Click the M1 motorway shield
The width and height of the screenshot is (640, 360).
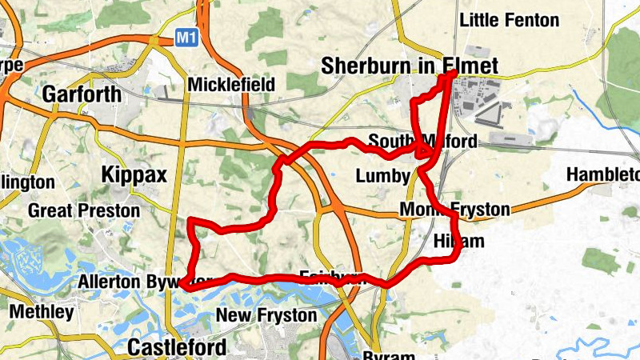point(186,37)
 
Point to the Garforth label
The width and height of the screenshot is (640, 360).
point(81,94)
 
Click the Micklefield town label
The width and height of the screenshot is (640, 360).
point(232,85)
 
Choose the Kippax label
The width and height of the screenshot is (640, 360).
point(132,174)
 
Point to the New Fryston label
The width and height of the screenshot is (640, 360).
point(266,315)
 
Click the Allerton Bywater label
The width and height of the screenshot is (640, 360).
point(128,282)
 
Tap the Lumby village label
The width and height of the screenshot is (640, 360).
point(382,176)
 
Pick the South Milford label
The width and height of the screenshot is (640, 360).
point(422,142)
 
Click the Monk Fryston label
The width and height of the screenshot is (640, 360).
point(454,210)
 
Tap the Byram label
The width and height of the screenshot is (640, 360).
point(388,355)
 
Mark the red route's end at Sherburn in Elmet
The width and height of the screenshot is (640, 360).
point(454,73)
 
